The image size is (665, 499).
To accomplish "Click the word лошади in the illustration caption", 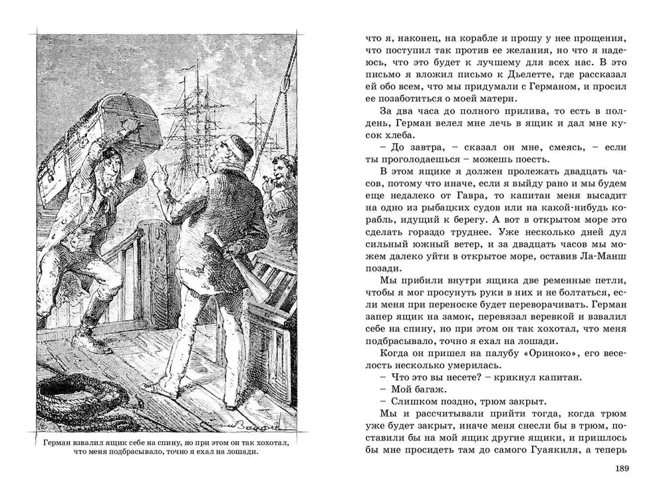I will (x=239, y=450).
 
